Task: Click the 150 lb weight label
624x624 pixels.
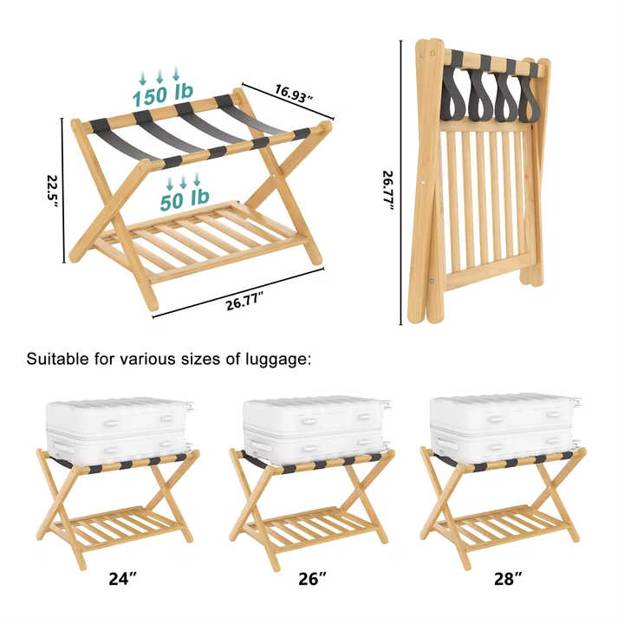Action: coord(163,94)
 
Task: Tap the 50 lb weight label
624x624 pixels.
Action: coord(185,199)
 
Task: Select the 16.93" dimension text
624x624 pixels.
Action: coord(294,94)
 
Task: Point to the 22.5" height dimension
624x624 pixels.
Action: coord(53,191)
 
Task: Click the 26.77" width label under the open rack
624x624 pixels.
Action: coord(244,301)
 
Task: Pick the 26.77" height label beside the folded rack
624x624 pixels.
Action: coord(388,192)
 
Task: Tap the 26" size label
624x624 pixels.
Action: coord(312,579)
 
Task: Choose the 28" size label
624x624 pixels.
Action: coord(508,579)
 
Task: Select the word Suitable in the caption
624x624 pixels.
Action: coord(58,359)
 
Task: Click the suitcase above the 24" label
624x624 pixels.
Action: coord(120,431)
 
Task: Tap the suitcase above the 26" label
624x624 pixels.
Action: coord(317,430)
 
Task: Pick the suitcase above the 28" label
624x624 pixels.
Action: coord(504,428)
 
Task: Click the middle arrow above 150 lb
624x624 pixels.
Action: coord(159,76)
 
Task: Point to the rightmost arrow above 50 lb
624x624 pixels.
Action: coord(197,179)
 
